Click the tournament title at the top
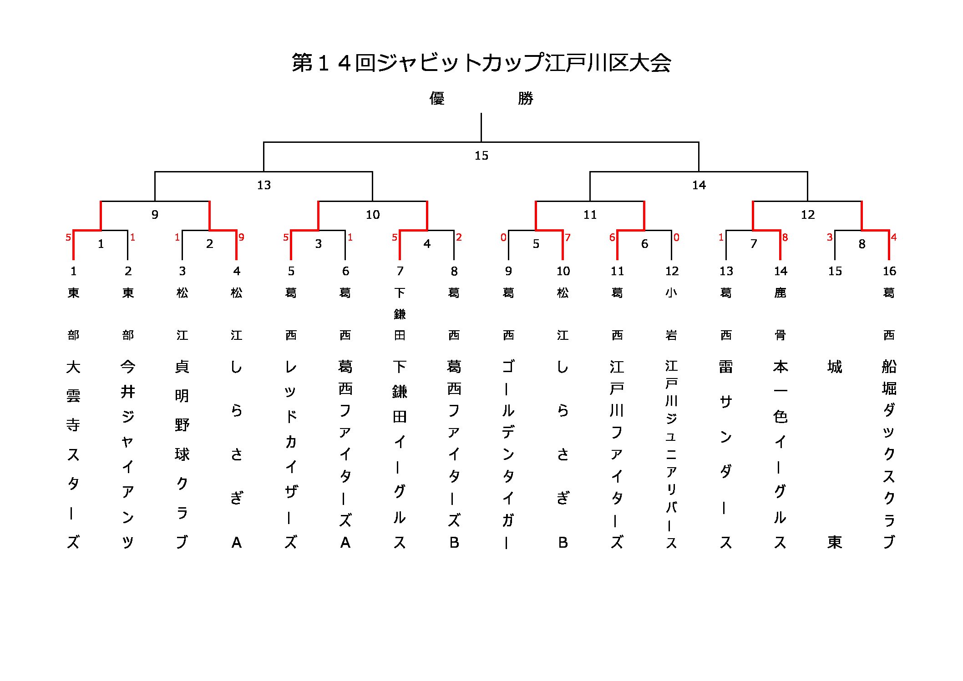point(481,63)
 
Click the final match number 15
point(481,156)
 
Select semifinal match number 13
point(264,185)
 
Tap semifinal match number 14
point(699,185)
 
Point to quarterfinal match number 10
point(372,215)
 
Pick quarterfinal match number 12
point(807,215)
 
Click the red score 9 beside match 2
point(241,237)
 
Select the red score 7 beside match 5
point(568,237)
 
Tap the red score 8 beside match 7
point(785,237)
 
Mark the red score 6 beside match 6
point(612,237)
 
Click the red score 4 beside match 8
point(894,237)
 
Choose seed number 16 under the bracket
point(889,271)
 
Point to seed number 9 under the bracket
point(508,271)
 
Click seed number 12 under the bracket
point(672,271)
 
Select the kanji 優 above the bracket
point(437,98)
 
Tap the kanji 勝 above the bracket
point(525,98)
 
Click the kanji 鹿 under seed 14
point(780,293)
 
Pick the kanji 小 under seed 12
point(671,293)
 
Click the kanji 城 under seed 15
point(835,367)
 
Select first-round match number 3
point(318,244)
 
